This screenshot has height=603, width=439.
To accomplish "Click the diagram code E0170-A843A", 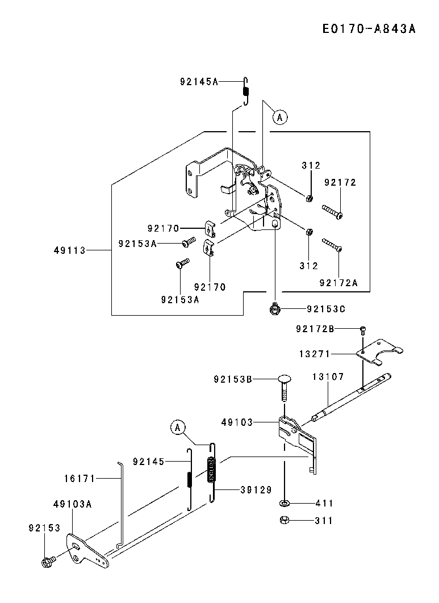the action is [369, 29].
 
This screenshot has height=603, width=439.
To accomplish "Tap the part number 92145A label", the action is [199, 82].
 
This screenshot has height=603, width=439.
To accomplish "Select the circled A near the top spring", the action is [280, 116].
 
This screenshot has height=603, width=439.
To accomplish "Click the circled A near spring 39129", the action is [178, 427].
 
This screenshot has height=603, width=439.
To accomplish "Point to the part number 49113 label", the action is [70, 250].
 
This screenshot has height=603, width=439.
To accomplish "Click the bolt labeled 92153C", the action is [274, 308].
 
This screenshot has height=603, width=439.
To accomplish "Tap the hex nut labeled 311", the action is [284, 520].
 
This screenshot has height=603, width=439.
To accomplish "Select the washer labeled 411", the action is [285, 503].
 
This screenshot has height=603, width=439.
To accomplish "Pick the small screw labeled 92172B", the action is [363, 329].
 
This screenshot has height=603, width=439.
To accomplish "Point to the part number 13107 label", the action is [328, 376].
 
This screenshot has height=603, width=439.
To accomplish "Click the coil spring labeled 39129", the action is [212, 472].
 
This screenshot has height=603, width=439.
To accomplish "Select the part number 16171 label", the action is [80, 479].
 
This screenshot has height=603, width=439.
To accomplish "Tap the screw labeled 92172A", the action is [332, 245].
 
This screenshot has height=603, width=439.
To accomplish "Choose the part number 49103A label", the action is [73, 504].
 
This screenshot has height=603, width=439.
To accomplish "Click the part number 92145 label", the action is [149, 462].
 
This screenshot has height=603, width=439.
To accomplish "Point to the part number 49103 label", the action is [237, 422].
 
